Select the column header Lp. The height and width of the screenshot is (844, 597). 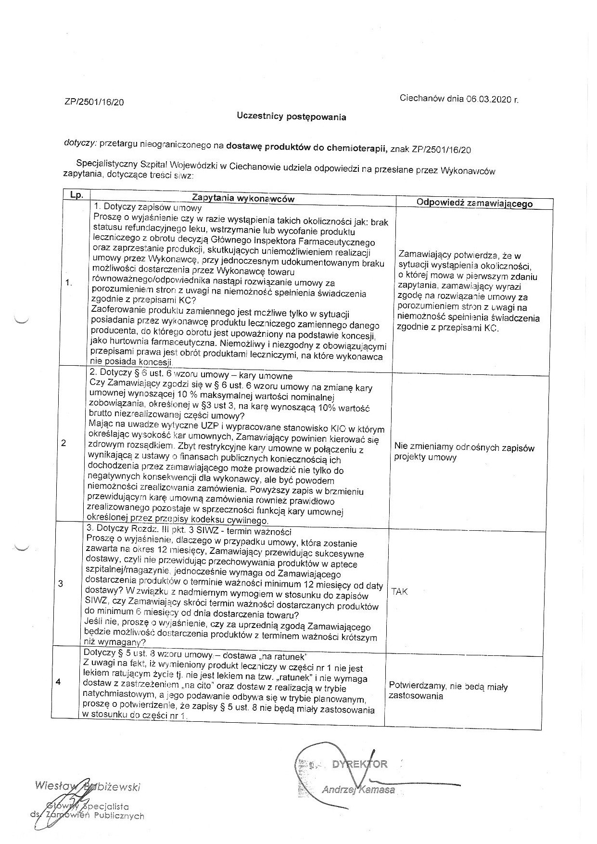[77, 195]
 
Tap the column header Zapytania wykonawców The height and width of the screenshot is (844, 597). [243, 198]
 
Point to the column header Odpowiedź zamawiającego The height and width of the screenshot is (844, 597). [474, 203]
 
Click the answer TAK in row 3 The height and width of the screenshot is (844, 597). [399, 592]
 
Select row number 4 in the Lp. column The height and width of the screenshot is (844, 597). [59, 682]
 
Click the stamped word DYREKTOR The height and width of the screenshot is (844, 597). [359, 764]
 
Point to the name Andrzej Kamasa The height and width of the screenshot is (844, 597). [358, 790]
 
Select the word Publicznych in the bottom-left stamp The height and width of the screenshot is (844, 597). [119, 816]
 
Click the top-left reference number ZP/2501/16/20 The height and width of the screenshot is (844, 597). [94, 102]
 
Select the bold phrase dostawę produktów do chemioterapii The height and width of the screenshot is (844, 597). [306, 147]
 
